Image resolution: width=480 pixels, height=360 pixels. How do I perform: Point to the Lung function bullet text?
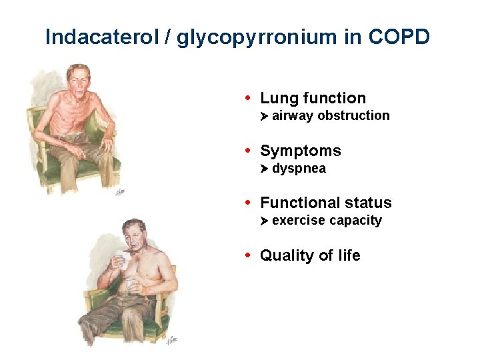pos(313,98)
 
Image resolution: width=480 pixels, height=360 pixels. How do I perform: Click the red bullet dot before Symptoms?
pos(248,150)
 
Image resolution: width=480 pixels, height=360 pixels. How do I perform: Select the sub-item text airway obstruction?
pos(331,116)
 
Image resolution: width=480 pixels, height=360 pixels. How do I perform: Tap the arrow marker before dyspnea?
pos(264,169)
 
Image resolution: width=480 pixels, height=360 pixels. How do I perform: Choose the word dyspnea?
pos(299,169)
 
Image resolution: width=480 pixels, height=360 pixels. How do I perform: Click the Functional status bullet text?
pos(325,203)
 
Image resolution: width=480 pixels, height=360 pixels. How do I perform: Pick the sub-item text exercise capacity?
pos(327,221)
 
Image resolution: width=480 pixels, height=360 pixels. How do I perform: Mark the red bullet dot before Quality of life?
pos(248,255)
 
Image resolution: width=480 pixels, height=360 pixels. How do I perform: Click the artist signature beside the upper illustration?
pos(121,192)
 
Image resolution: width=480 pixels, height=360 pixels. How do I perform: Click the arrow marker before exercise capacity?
pos(264,221)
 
